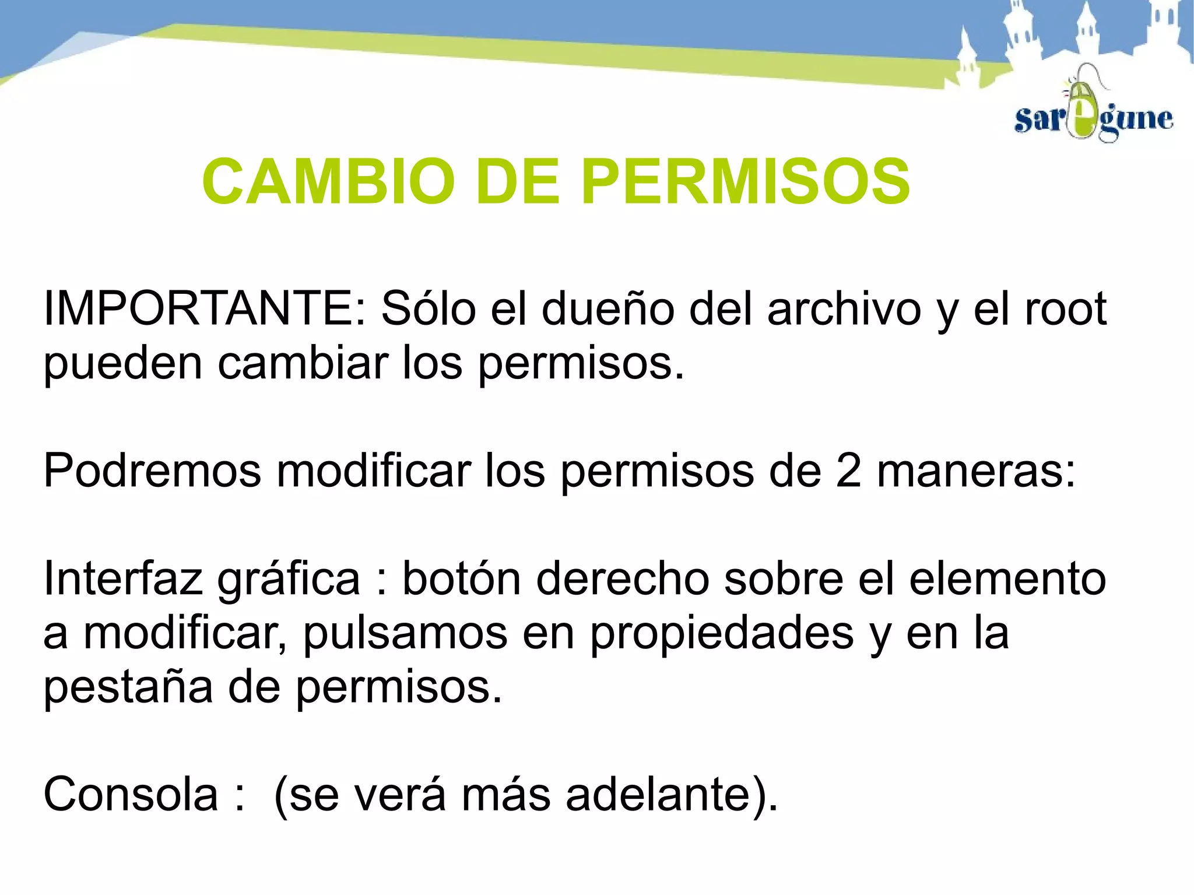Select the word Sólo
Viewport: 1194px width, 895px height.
click(x=429, y=308)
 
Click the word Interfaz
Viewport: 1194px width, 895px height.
click(x=122, y=578)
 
